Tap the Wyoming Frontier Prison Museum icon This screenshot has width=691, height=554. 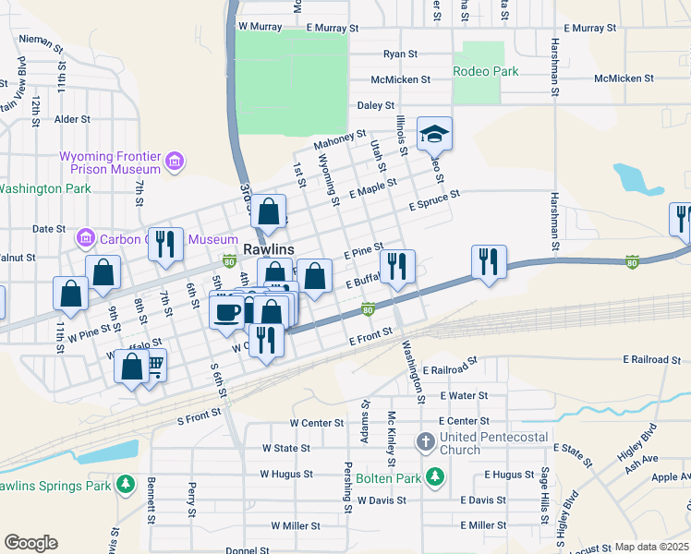[x=174, y=163]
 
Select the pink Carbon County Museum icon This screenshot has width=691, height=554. [x=85, y=239]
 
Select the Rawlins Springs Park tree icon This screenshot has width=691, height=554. [x=125, y=485]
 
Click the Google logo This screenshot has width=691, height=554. [x=30, y=543]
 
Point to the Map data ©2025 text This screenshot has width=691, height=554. [x=650, y=547]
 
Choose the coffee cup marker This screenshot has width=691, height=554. [x=226, y=312]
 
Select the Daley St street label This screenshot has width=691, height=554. [x=376, y=106]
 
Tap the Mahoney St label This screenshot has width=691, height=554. [x=339, y=140]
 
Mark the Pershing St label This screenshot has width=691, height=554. [x=348, y=487]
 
